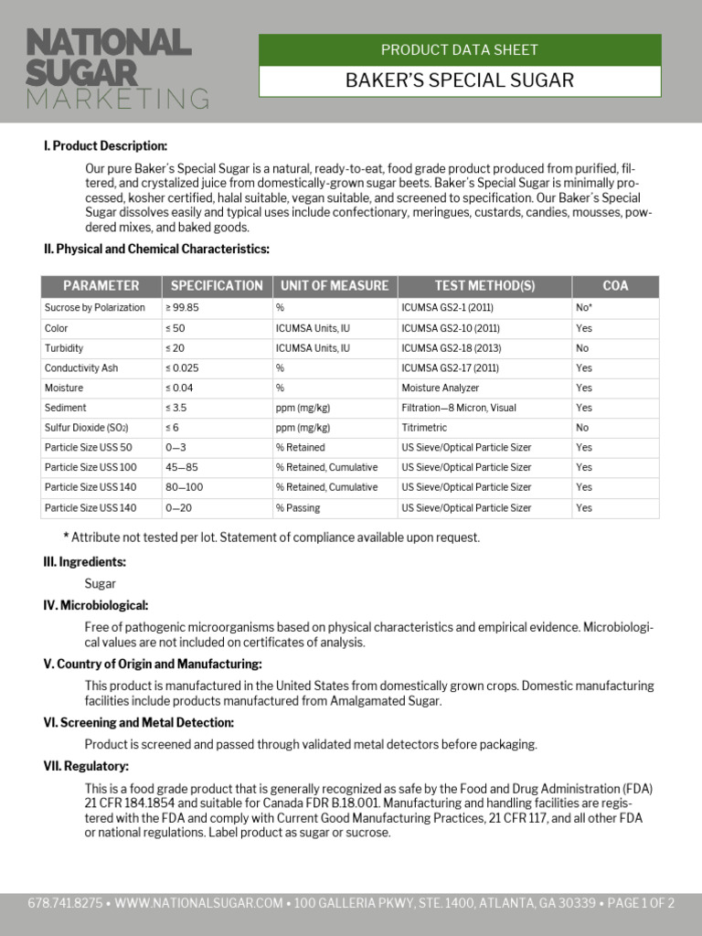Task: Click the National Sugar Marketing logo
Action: point(117,69)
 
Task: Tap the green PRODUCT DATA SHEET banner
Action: point(460,50)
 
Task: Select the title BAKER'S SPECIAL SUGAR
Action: point(460,80)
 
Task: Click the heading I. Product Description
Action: point(105,146)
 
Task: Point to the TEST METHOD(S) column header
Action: point(484,286)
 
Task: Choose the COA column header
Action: point(615,286)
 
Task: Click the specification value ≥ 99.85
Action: point(182,308)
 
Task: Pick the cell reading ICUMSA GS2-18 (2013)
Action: point(451,348)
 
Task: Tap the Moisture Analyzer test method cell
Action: point(440,388)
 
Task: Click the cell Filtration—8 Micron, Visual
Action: point(459,408)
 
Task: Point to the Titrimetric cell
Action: point(424,428)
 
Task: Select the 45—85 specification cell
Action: point(182,467)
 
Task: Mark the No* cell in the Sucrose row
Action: point(584,308)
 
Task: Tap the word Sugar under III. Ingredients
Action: point(101,583)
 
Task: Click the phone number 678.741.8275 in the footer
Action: point(64,904)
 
